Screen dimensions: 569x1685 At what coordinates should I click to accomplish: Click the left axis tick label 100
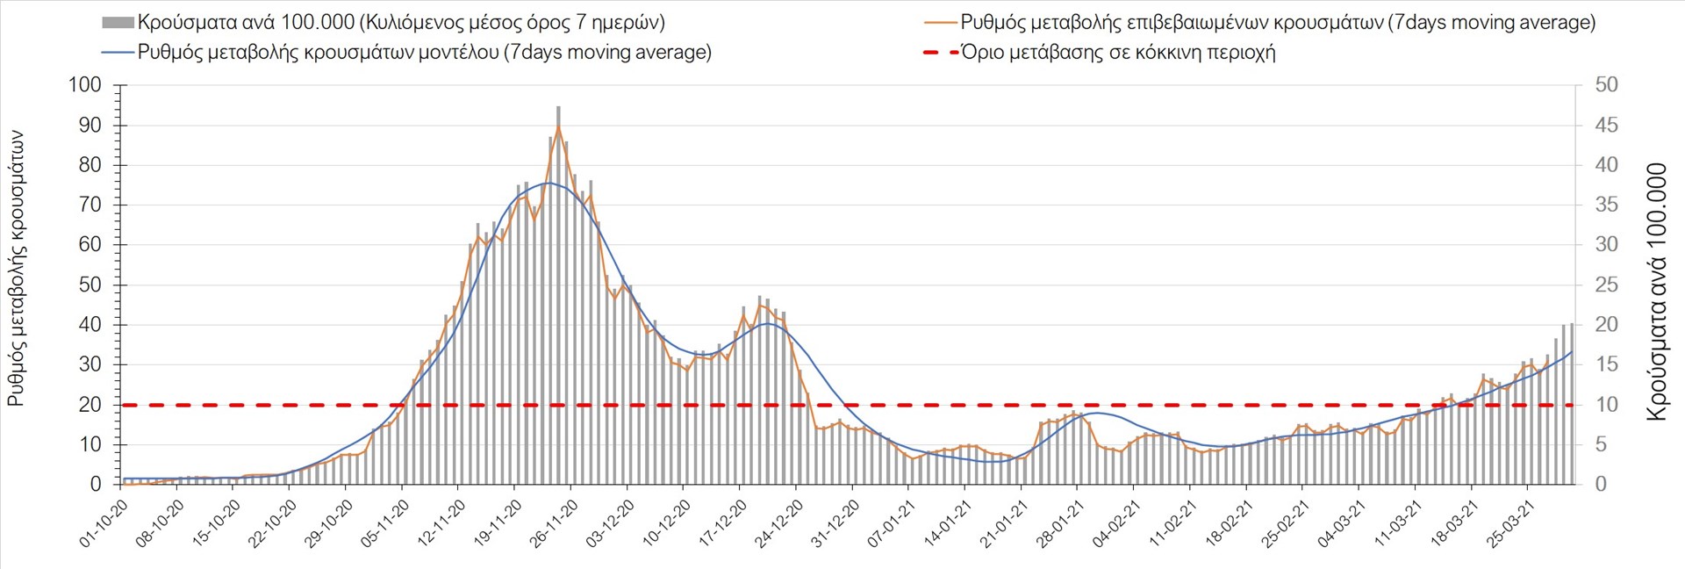85,85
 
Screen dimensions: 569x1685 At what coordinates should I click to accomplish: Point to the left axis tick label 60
90,245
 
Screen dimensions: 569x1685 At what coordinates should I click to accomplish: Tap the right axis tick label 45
1606,126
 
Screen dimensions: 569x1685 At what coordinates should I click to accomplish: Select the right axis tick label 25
1606,285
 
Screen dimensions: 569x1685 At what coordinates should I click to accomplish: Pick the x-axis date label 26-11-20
555,524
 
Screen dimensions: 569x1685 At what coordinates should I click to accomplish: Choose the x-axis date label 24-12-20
779,524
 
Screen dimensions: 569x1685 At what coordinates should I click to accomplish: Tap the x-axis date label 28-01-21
1060,524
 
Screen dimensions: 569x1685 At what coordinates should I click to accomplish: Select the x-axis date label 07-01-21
892,524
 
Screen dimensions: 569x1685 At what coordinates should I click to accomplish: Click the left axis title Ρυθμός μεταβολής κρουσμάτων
16,269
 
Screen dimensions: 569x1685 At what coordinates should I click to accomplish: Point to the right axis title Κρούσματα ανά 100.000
1656,292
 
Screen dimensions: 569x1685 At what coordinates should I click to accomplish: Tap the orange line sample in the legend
941,23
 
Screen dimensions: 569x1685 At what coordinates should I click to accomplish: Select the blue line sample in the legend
118,53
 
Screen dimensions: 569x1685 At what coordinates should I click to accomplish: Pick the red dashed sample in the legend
941,53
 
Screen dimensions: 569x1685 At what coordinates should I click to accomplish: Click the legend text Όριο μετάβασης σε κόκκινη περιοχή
1118,53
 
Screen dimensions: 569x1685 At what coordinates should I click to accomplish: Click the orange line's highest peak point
558,126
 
